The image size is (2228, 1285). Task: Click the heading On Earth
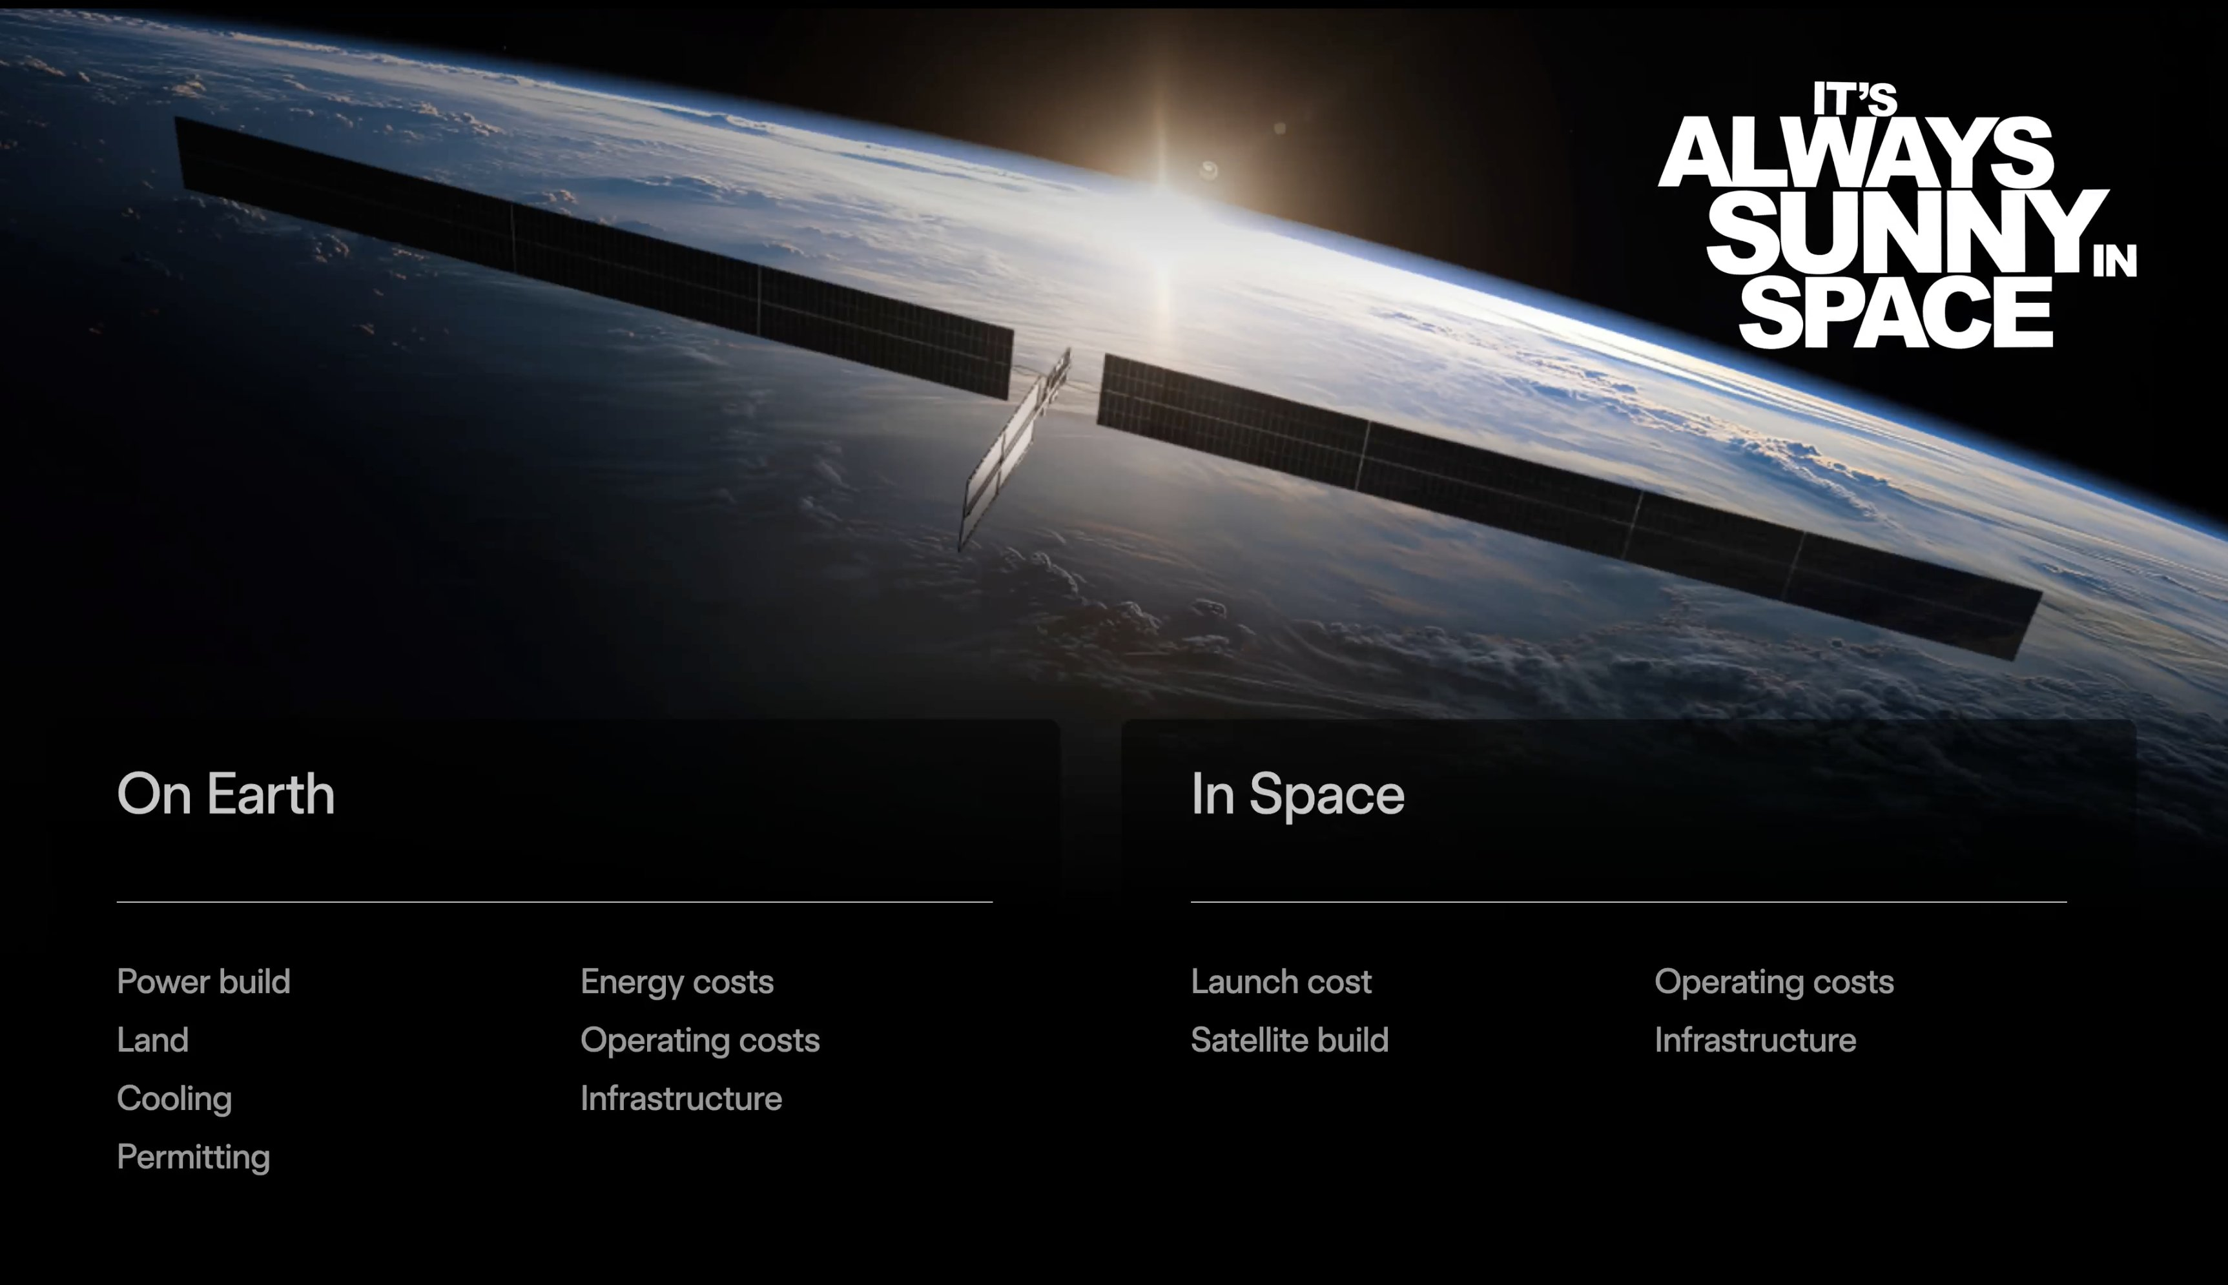coord(226,794)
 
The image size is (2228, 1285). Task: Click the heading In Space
coord(1297,794)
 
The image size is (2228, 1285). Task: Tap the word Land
coord(152,1040)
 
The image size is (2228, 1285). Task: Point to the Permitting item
coord(193,1157)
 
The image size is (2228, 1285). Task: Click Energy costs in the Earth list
coord(677,982)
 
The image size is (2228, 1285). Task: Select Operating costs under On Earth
coord(700,1040)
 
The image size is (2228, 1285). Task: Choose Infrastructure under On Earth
coord(681,1099)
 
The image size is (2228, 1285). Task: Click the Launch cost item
coord(1281,982)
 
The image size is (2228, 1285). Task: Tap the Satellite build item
coord(1289,1040)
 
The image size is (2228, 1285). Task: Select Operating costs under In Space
coord(1773,982)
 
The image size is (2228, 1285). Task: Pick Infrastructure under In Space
coord(1755,1040)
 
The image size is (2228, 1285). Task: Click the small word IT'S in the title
coord(1855,99)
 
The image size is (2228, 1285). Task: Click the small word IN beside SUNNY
coord(2115,262)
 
